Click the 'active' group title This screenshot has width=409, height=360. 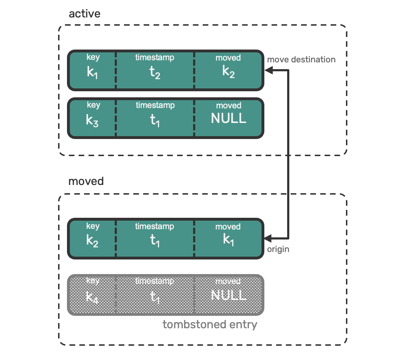84,14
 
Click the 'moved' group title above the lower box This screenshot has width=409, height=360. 86,181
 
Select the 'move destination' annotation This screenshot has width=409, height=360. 301,60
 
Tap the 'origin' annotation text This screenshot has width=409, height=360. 278,250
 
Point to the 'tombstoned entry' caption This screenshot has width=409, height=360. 210,324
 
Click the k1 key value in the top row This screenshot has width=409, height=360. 92,72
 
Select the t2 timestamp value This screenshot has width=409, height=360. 155,72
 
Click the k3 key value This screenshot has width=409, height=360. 92,120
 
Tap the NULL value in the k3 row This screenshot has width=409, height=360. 228,118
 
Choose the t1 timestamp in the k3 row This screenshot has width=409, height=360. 155,120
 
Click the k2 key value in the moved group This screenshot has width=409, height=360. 92,241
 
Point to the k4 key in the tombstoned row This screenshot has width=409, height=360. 92,297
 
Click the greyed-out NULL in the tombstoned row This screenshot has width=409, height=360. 228,295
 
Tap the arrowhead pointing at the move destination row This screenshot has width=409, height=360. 269,70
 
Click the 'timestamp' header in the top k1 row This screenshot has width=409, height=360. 155,57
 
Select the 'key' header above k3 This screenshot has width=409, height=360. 93,105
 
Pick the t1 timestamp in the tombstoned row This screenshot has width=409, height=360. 155,297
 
